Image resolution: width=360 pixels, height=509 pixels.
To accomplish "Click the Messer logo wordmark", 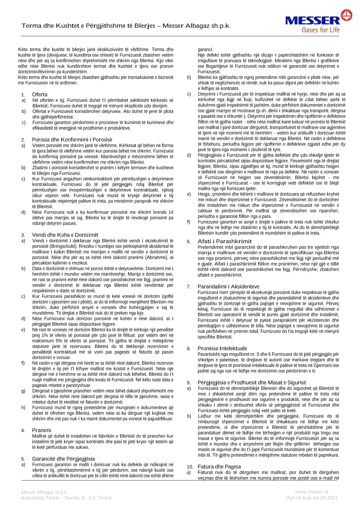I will click(312, 21).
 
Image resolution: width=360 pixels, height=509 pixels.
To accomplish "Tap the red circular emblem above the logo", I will click(347, 15).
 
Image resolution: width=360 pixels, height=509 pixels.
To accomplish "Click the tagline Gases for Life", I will click(320, 30).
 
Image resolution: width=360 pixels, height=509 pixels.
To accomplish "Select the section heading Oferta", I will click(40, 94).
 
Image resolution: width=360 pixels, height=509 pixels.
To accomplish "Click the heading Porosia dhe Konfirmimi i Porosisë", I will click(72, 140).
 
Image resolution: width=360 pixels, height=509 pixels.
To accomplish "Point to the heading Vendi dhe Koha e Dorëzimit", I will click(65, 235).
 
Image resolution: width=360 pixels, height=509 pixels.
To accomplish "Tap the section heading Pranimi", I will click(41, 430).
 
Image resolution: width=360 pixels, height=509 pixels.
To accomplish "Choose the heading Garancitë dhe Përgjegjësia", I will click(63, 459).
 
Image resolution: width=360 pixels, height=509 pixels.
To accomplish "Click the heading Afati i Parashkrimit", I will click(225, 241).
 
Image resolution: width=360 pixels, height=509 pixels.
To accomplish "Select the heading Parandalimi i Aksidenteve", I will click(228, 287).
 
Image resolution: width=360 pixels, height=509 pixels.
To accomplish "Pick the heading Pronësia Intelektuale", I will click(222, 348).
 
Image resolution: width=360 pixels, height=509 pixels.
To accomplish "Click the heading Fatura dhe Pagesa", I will click(219, 467).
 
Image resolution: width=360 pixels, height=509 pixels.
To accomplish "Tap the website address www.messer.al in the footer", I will click(311, 492).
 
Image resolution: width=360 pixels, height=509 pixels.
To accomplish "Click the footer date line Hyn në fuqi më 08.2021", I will click(312, 498).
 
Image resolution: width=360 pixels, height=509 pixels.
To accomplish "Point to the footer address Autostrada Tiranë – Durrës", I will click(66, 498).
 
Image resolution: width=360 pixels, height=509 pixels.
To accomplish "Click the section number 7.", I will click(189, 287).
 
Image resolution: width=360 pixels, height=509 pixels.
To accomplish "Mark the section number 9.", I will click(189, 383).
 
